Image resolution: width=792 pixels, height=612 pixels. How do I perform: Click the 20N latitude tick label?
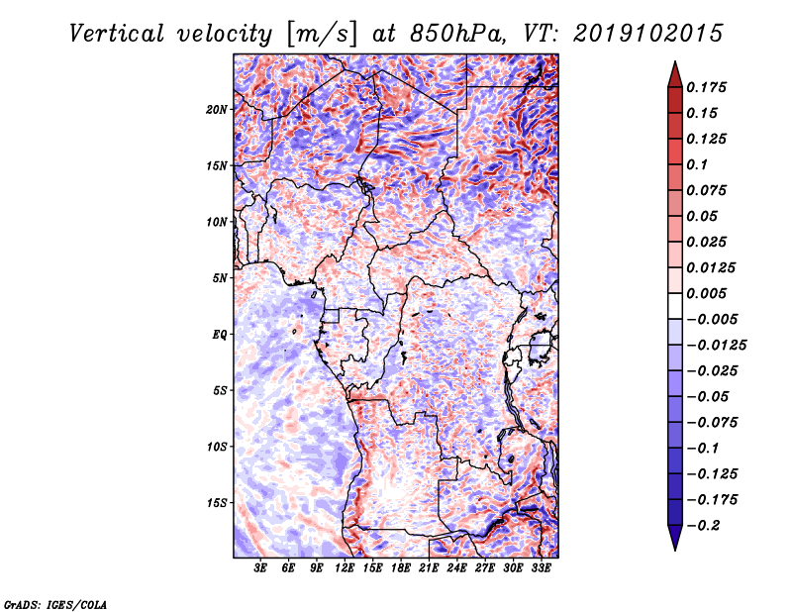pyautogui.click(x=217, y=109)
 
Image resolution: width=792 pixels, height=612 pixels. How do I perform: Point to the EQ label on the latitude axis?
pyautogui.click(x=220, y=335)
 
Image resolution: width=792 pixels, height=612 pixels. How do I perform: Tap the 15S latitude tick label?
pyautogui.click(x=217, y=503)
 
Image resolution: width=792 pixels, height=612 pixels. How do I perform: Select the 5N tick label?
pyautogui.click(x=220, y=278)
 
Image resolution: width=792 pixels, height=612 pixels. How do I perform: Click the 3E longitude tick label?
pyautogui.click(x=260, y=568)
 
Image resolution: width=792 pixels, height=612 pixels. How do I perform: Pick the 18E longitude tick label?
pyautogui.click(x=401, y=568)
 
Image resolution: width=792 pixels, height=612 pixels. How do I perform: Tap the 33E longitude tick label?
pyautogui.click(x=541, y=568)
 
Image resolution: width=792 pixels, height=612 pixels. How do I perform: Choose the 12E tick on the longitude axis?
pyautogui.click(x=345, y=568)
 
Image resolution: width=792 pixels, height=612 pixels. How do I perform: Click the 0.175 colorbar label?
pyautogui.click(x=706, y=87)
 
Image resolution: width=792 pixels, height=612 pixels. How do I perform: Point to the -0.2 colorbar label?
pyautogui.click(x=703, y=526)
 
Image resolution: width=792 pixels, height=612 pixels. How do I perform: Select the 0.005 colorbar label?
pyautogui.click(x=706, y=293)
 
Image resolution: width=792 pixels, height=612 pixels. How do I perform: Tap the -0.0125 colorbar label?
pyautogui.click(x=716, y=346)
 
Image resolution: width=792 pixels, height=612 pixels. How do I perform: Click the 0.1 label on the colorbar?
pyautogui.click(x=697, y=164)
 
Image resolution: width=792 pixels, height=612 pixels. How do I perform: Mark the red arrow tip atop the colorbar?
pyautogui.click(x=675, y=62)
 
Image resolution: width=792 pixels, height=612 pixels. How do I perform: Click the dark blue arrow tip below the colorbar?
pyautogui.click(x=675, y=550)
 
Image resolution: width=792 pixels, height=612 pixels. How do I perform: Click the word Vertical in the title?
pyautogui.click(x=117, y=34)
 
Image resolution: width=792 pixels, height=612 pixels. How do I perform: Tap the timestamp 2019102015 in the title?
pyautogui.click(x=648, y=34)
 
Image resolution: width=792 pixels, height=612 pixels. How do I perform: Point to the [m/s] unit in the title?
pyautogui.click(x=322, y=35)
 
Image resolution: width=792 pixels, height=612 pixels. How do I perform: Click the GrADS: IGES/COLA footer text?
pyautogui.click(x=55, y=604)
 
